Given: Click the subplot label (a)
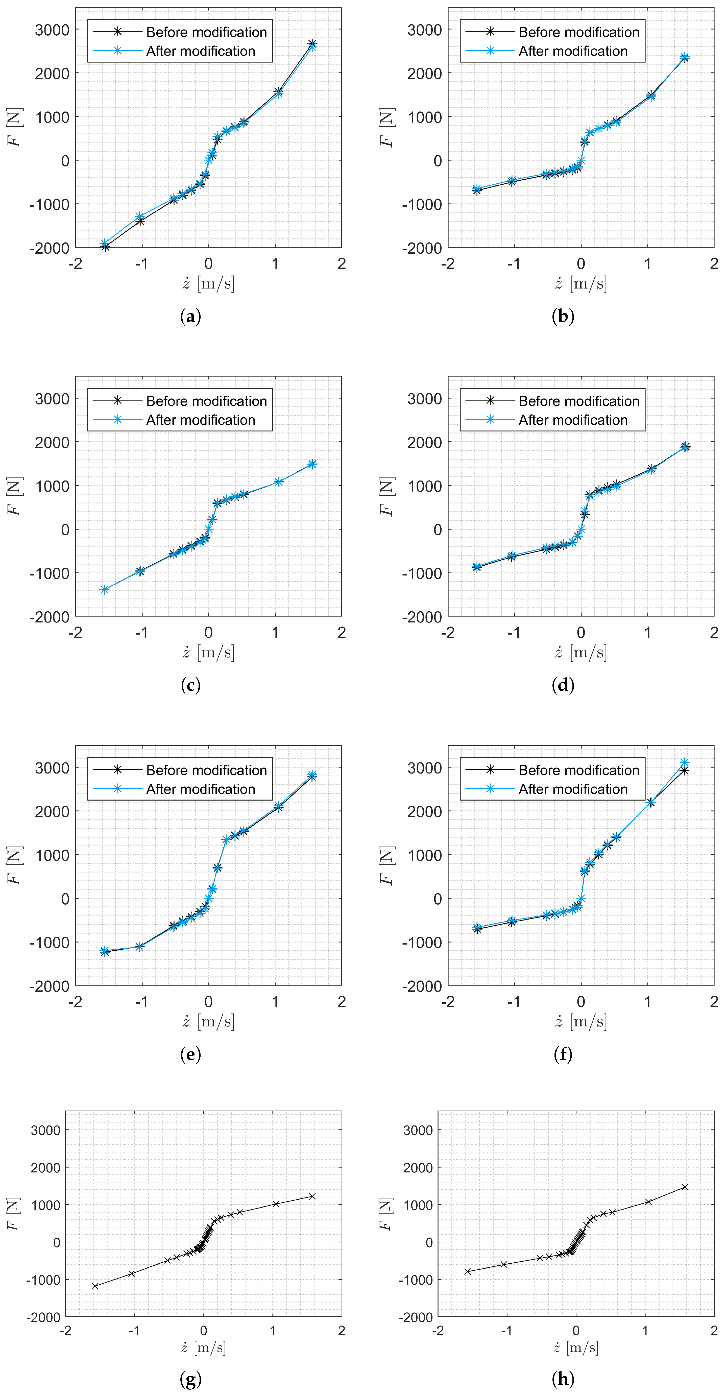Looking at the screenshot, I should [190, 317].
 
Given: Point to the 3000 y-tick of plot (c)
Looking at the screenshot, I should [52, 399].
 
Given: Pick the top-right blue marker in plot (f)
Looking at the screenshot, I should [685, 762].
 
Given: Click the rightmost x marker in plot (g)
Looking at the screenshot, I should [312, 1197].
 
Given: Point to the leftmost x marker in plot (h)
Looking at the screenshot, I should [468, 1271].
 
